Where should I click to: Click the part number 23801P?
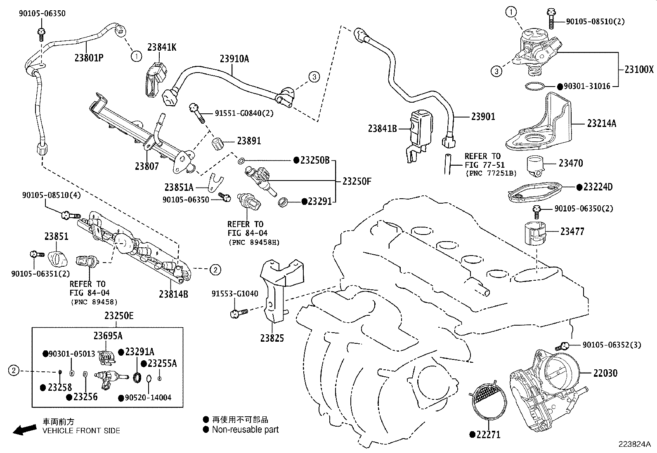pyautogui.click(x=89, y=57)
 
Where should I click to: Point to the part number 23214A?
pyautogui.click(x=602, y=123)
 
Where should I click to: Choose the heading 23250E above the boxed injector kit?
pyautogui.click(x=119, y=316)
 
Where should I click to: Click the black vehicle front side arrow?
pyautogui.click(x=24, y=430)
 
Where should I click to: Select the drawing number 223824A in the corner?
pyautogui.click(x=634, y=444)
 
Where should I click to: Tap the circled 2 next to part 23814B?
pyautogui.click(x=215, y=270)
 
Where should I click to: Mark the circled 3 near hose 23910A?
pyautogui.click(x=314, y=77)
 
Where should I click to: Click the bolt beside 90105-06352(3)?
pyautogui.click(x=563, y=345)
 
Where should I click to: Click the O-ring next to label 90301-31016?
pyautogui.click(x=535, y=86)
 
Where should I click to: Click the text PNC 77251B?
pyautogui.click(x=491, y=173)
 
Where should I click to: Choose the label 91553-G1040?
pyautogui.click(x=235, y=294)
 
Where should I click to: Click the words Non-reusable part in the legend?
pyautogui.click(x=245, y=430)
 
